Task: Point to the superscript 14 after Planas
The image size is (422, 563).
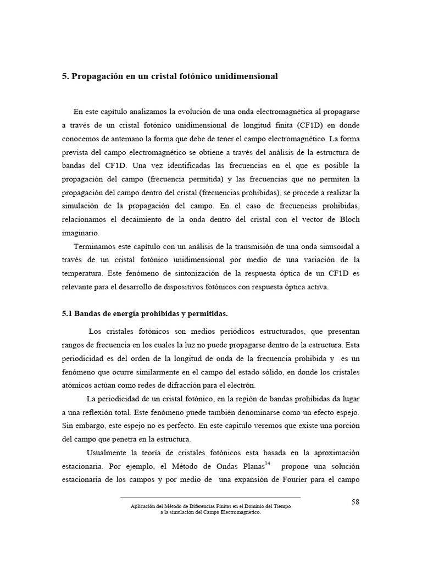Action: click(268, 463)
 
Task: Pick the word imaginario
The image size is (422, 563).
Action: click(80, 233)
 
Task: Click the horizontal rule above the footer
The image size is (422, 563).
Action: click(210, 498)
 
